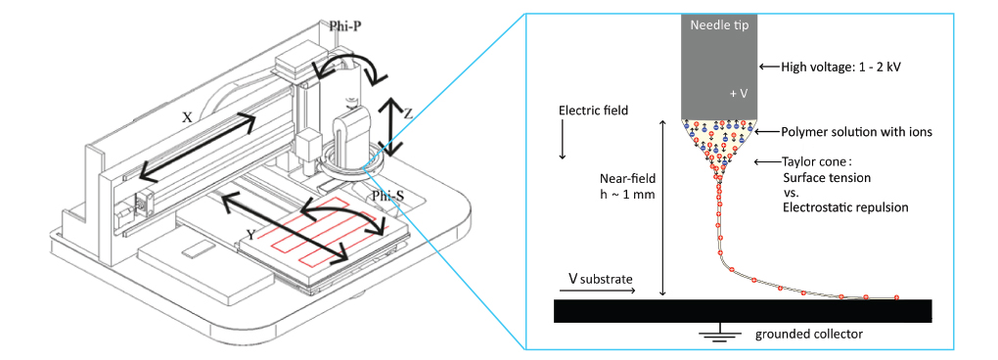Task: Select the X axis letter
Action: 187,117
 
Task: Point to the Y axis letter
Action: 252,236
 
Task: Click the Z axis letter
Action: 408,113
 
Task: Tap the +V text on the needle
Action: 739,93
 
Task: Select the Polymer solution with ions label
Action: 857,132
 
